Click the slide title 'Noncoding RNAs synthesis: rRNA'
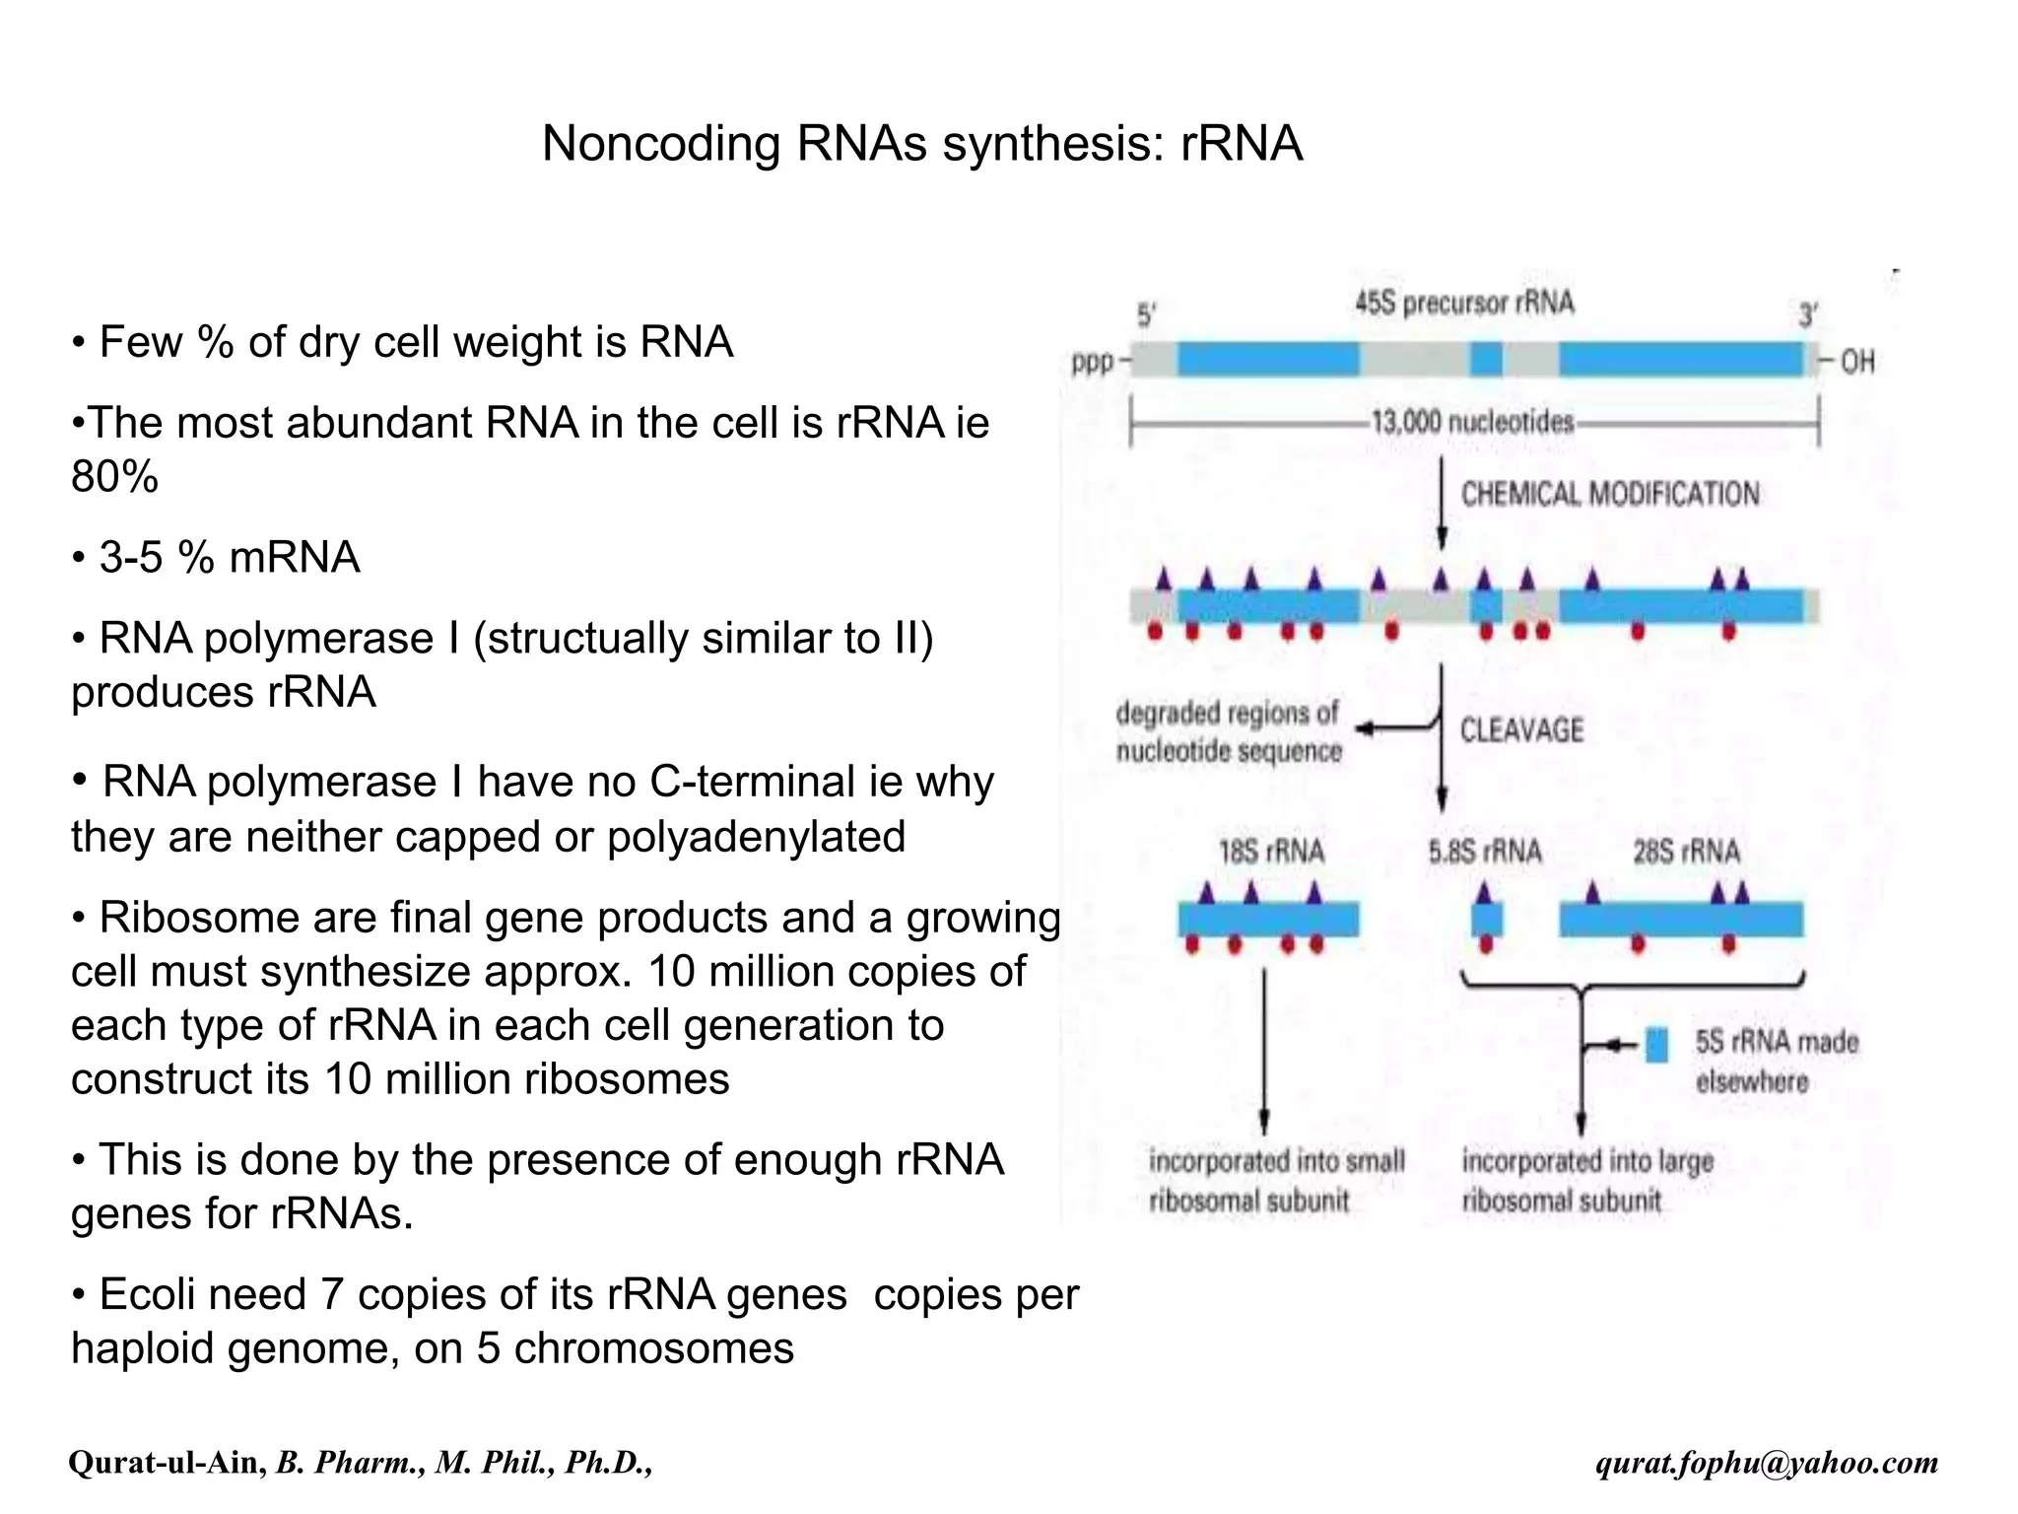922,144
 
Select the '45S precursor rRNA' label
1464,303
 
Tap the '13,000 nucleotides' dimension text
1473,423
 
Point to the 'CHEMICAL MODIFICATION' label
1610,494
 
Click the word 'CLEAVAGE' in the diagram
1521,730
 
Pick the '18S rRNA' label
1271,852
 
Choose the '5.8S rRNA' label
1485,852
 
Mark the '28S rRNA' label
1686,852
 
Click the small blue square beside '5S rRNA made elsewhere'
1657,1045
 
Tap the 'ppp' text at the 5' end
1093,363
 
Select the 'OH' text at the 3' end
1857,363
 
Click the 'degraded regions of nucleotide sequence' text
1229,731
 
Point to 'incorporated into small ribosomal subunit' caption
1276,1181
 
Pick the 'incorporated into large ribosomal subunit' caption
1586,1181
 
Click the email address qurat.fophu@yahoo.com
1767,1463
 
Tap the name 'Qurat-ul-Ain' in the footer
166,1463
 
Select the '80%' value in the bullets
114,477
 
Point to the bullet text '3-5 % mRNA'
229,558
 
